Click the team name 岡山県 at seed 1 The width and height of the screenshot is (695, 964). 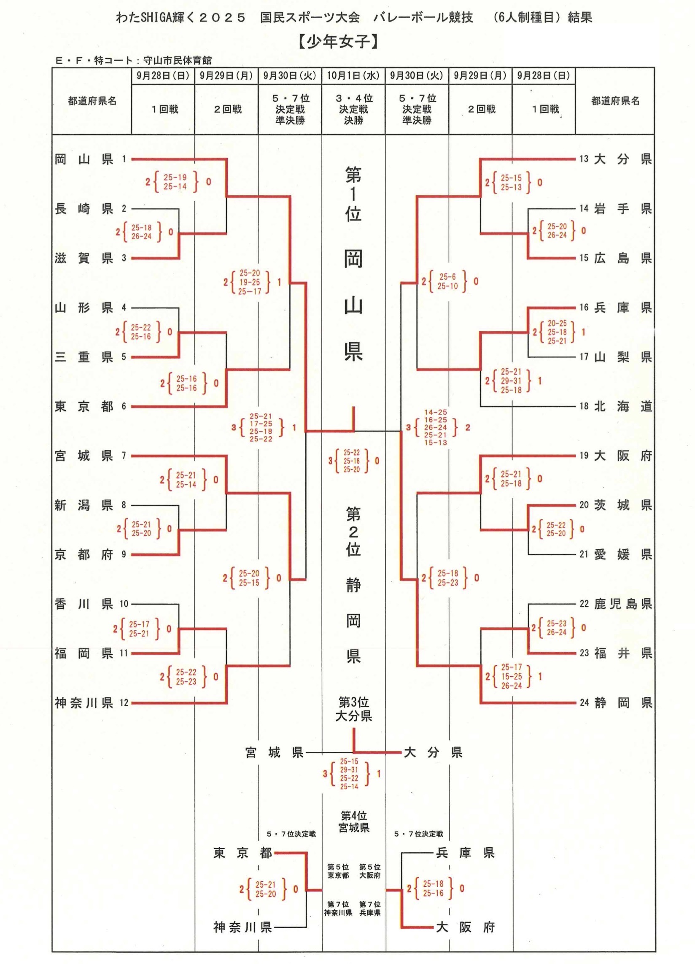click(x=84, y=159)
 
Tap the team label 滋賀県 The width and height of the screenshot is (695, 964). click(x=84, y=258)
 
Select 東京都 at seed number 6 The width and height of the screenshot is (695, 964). click(x=84, y=407)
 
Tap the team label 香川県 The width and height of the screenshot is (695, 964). click(x=84, y=604)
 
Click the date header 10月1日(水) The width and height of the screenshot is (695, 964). click(x=353, y=76)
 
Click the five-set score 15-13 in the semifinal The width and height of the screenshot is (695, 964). click(x=436, y=443)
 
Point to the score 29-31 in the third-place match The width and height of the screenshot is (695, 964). click(x=349, y=770)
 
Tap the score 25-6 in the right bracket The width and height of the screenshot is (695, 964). click(x=447, y=277)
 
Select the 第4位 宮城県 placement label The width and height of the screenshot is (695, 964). click(x=354, y=821)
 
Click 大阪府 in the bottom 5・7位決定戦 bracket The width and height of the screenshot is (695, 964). click(x=465, y=927)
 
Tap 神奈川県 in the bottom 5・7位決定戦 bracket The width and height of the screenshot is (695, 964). click(x=242, y=927)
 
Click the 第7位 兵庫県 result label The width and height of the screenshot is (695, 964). click(x=370, y=908)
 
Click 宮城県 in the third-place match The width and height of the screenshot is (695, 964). click(x=275, y=753)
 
